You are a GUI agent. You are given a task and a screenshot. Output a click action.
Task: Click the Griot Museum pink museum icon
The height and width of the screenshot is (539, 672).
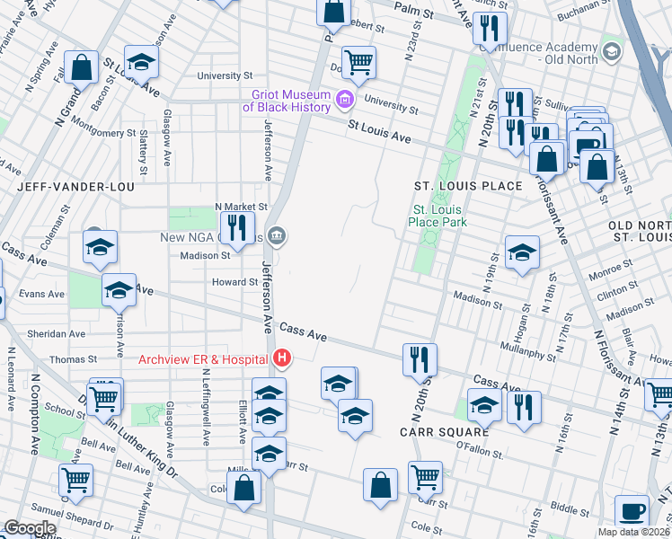[342, 97]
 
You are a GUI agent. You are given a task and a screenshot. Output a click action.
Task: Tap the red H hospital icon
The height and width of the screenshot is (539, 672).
[282, 359]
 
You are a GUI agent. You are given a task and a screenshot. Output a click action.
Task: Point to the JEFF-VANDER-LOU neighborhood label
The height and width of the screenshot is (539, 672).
[74, 187]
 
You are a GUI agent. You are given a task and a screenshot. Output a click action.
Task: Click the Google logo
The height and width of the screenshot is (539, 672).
[29, 528]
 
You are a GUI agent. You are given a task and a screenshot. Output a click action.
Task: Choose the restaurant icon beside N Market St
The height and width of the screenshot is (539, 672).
[236, 228]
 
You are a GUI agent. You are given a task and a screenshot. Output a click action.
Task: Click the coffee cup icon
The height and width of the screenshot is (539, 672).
[632, 512]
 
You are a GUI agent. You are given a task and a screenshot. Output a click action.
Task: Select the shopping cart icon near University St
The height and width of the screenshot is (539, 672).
[358, 63]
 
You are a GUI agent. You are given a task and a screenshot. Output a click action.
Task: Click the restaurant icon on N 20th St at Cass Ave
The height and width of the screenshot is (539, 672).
[420, 359]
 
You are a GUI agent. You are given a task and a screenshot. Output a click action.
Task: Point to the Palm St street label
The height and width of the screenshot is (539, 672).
[415, 14]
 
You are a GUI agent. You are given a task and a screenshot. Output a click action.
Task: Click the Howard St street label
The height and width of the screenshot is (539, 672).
[235, 282]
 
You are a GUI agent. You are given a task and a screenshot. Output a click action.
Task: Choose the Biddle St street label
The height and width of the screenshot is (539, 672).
[570, 508]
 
